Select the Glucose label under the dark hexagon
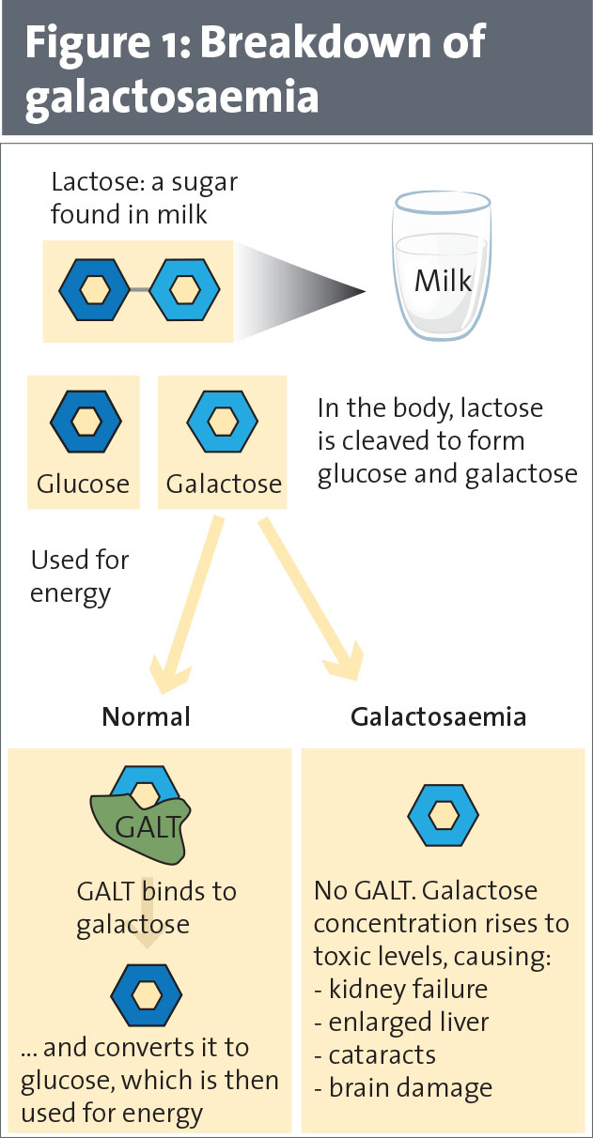coord(83,484)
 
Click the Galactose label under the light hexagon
coord(224,484)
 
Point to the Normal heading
coord(147,717)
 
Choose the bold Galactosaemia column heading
coord(438,717)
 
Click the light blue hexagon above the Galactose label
coord(223,422)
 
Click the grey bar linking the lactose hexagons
coord(139,290)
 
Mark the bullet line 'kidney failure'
coord(401,990)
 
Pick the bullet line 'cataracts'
coord(377,1055)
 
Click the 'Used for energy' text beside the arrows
coord(80,577)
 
